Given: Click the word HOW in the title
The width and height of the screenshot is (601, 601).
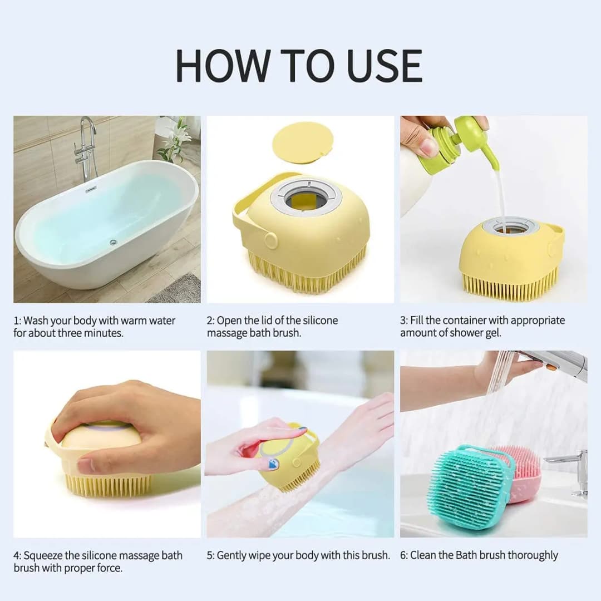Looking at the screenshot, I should [222, 66].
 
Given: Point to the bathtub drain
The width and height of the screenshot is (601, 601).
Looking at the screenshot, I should [113, 242].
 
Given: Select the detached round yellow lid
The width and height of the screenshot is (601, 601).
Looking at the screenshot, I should [303, 142].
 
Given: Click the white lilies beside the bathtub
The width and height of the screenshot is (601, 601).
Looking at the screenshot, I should [177, 139].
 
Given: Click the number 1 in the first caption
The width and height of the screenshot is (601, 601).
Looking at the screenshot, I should [16, 321].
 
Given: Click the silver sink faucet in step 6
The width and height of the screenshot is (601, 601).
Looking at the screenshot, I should [573, 467].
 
